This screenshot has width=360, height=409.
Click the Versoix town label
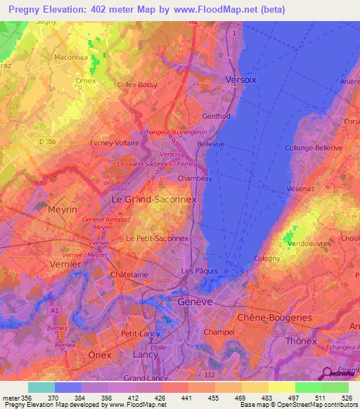click(x=240, y=80)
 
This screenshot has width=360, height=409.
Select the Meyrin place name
click(x=63, y=209)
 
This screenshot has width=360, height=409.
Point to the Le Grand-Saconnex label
click(x=154, y=199)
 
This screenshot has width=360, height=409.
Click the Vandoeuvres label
click(x=307, y=245)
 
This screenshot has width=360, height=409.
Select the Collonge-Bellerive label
click(x=313, y=148)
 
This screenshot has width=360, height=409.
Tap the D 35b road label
click(x=48, y=142)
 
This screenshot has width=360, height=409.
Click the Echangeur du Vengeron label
click(x=173, y=131)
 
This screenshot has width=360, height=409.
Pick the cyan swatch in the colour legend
click(x=41, y=387)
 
